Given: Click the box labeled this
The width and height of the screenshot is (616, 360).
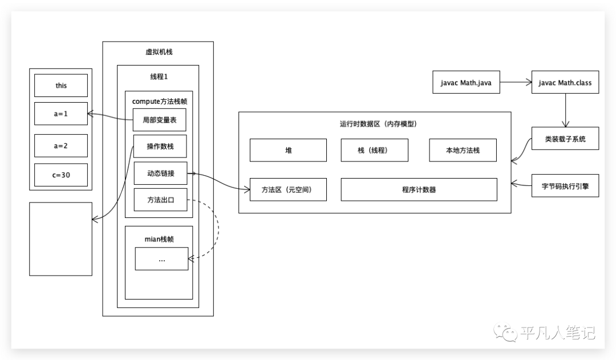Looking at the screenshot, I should point(61,86).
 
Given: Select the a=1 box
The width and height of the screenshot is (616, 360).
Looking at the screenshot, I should point(61,114).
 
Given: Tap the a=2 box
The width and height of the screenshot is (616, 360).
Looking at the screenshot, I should point(61,145).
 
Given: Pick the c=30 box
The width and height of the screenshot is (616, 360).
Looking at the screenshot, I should point(61,175).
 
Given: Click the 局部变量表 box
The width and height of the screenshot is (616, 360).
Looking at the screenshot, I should point(160,120).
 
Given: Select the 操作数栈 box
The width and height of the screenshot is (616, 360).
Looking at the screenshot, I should point(160,147).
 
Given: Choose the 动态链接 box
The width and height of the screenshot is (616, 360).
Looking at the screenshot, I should point(160,173).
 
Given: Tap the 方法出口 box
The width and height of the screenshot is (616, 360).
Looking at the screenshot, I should point(160,200).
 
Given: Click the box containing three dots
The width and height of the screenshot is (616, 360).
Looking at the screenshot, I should point(161,259).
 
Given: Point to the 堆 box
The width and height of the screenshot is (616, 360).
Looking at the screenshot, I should point(288,150).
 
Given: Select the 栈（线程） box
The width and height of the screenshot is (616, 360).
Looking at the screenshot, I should point(374,150).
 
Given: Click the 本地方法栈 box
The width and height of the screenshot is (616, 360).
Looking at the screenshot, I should point(463,150).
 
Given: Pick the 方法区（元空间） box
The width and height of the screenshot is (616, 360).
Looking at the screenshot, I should point(288,189).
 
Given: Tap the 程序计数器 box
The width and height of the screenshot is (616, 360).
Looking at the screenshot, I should point(419,189).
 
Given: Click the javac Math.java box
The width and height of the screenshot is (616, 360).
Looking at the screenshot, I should point(467,83).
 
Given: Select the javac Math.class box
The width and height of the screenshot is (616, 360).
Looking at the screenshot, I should point(565,83).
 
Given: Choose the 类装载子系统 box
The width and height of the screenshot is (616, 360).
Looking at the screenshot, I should point(565,138).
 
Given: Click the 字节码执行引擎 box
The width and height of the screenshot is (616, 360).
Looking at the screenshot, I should point(565,185).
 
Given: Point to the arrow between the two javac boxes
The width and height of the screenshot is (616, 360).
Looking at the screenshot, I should point(516,83).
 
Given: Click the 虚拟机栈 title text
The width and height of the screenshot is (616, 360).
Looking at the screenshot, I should point(159,52).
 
